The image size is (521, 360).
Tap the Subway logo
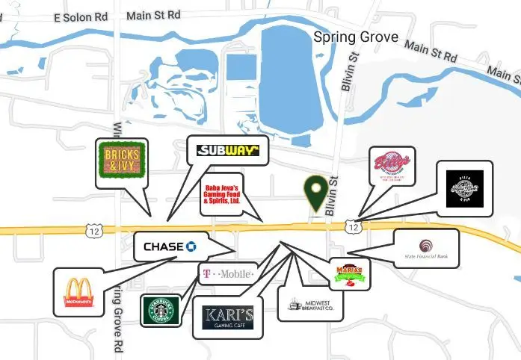click(228, 150)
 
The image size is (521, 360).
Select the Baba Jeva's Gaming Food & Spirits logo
click(222, 194)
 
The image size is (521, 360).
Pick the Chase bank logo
click(170, 246)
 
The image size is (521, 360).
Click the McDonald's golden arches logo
click(79, 292)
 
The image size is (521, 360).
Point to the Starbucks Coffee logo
click(161, 310)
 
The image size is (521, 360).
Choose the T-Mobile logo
click(227, 274)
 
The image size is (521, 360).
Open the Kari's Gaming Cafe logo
click(227, 318)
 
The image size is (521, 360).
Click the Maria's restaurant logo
click(350, 273)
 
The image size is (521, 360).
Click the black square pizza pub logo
click(464, 187)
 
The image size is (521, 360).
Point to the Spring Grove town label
click(356, 37)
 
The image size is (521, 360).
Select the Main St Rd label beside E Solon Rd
click(154, 14)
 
